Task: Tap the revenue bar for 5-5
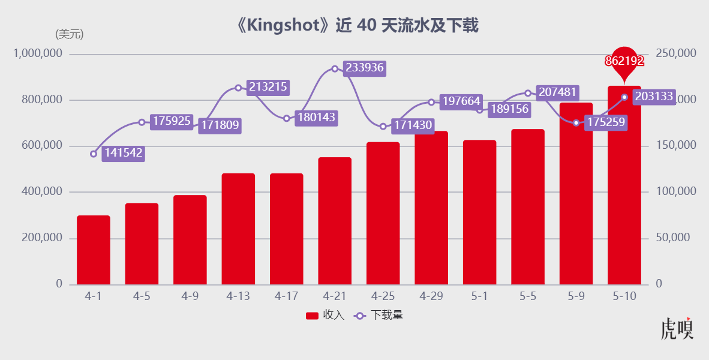click(x=528, y=206)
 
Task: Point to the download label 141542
click(x=123, y=153)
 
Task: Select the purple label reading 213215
click(x=268, y=87)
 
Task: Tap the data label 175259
click(x=606, y=122)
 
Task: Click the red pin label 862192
click(x=624, y=61)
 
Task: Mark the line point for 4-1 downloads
click(x=94, y=154)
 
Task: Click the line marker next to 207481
click(x=528, y=93)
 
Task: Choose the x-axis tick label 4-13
click(x=238, y=296)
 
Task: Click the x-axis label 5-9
click(x=576, y=296)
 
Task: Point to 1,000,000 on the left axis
click(x=38, y=54)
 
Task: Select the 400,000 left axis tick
click(x=41, y=192)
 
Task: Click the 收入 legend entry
click(x=325, y=316)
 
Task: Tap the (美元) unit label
click(x=70, y=34)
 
